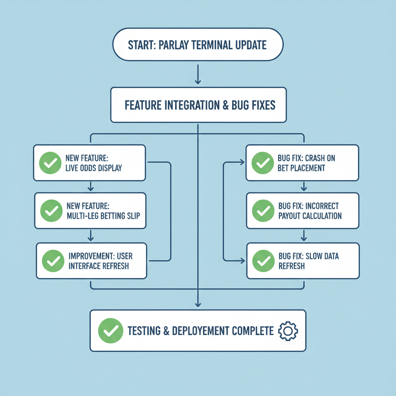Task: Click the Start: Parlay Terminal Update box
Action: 198,44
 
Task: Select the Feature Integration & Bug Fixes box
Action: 198,105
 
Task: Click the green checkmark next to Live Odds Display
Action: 49,163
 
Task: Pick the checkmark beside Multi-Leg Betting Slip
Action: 51,211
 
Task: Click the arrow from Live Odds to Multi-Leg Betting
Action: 90,186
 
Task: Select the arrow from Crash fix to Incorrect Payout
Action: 304,186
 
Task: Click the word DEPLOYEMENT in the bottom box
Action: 201,331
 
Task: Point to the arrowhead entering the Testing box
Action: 198,305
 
